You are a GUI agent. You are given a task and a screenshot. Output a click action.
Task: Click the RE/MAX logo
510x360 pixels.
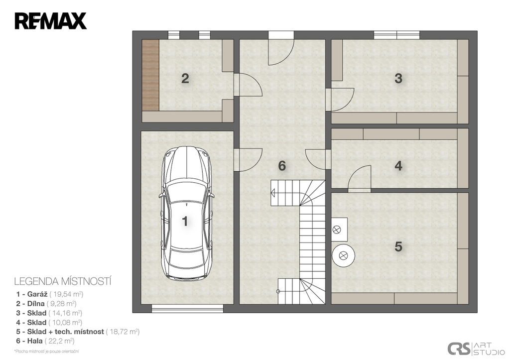pyautogui.click(x=51, y=21)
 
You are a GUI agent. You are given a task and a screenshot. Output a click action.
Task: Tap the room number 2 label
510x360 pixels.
pyautogui.click(x=185, y=78)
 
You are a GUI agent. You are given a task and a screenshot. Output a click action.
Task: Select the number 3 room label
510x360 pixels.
pyautogui.click(x=398, y=78)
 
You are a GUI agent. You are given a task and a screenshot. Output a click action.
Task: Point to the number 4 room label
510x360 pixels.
pyautogui.click(x=398, y=166)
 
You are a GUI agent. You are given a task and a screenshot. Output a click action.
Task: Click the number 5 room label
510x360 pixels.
pyautogui.click(x=398, y=246)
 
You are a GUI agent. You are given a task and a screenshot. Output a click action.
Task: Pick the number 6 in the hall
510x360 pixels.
pyautogui.click(x=282, y=166)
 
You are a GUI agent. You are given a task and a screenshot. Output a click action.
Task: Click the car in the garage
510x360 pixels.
pyautogui.click(x=186, y=213)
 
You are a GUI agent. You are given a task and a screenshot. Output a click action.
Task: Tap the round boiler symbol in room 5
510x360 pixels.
pyautogui.click(x=343, y=255)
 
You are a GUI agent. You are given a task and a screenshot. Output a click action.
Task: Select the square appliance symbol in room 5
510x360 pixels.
pyautogui.click(x=339, y=229)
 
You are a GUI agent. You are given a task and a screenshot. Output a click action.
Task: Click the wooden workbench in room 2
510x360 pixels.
pyautogui.click(x=150, y=75)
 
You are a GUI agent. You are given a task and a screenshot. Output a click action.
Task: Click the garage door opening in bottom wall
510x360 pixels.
pyautogui.click(x=187, y=308)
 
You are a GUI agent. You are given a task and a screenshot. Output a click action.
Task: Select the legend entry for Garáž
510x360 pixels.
pyautogui.click(x=50, y=294)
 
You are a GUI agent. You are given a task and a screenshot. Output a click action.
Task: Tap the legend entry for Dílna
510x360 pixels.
pyautogui.click(x=46, y=304)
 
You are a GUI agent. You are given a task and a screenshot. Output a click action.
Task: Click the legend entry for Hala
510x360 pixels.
pyautogui.click(x=45, y=341)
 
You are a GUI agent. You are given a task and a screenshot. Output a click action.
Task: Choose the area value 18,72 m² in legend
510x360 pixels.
pyautogui.click(x=123, y=332)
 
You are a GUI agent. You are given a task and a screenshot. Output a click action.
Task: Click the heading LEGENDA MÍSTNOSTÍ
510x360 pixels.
pyautogui.click(x=63, y=281)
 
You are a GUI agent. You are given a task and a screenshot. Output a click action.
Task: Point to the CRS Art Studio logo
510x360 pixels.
pyautogui.click(x=476, y=349)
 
